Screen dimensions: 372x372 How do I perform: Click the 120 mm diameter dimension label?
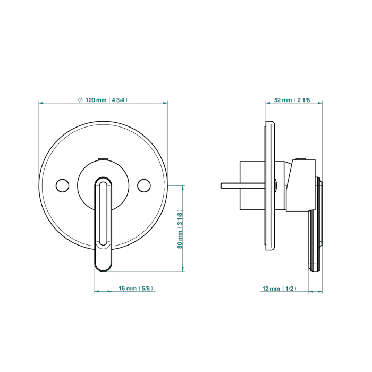103,100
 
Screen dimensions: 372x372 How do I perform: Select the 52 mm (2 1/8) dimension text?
293,100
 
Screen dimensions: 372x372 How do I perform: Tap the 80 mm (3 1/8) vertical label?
180,229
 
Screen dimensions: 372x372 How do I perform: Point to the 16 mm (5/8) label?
136,288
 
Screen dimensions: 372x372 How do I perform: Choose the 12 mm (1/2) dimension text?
279,289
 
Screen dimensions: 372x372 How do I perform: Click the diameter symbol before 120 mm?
80,100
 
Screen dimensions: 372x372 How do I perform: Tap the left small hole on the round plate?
62,185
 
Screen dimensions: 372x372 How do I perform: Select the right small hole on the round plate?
144,185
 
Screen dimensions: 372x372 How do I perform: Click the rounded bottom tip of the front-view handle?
103,270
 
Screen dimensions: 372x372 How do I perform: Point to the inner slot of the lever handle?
103,213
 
